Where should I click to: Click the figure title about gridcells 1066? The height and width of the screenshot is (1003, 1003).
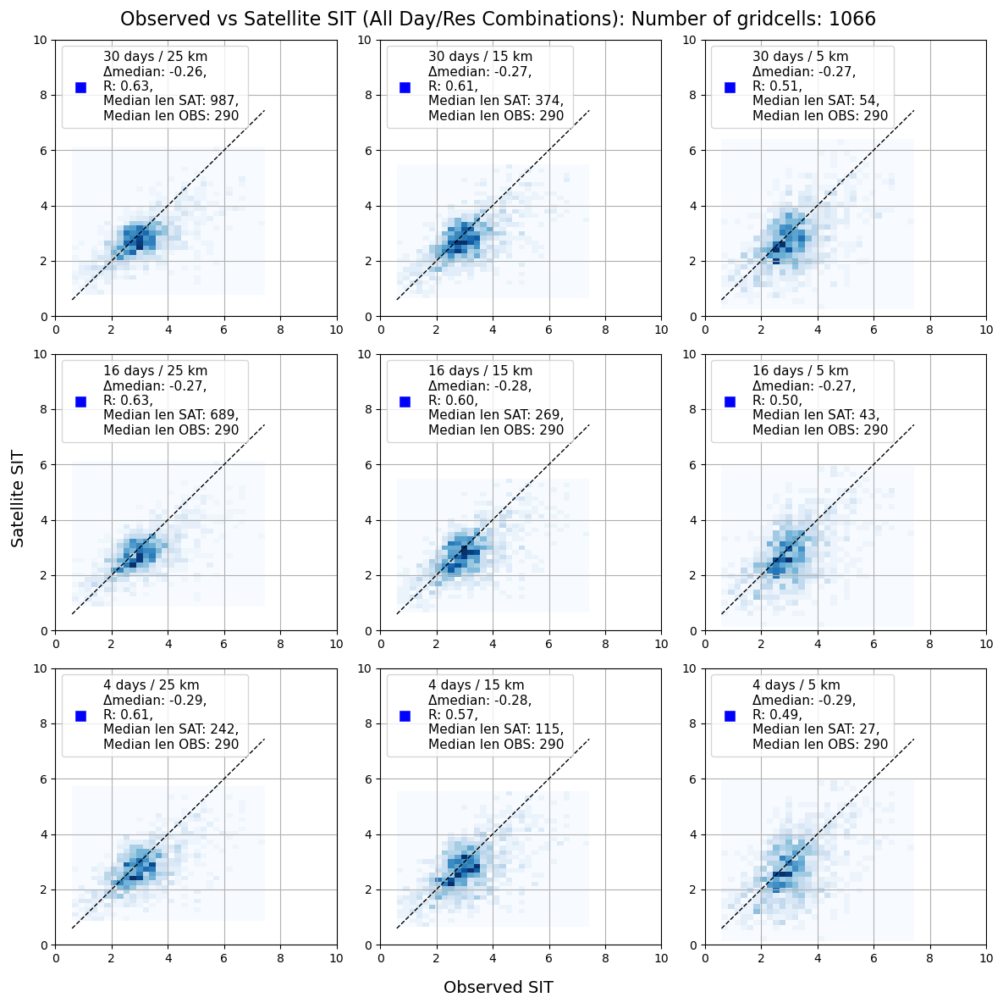point(498,19)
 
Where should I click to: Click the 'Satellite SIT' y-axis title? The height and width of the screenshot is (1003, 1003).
point(18,498)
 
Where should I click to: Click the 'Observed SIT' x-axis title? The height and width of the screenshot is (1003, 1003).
point(498,987)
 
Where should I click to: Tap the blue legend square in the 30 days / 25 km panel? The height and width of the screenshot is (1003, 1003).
point(81,87)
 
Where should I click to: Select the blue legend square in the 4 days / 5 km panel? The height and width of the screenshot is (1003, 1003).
point(730,716)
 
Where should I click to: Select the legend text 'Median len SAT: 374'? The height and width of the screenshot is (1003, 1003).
point(496,101)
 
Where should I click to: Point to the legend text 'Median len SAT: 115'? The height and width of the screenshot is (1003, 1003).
point(496,729)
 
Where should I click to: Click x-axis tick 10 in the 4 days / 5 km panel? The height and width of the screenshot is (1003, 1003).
point(985,957)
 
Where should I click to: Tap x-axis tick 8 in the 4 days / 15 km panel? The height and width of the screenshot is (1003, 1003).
point(605,957)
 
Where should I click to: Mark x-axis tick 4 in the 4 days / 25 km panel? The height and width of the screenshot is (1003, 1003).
point(168,957)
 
